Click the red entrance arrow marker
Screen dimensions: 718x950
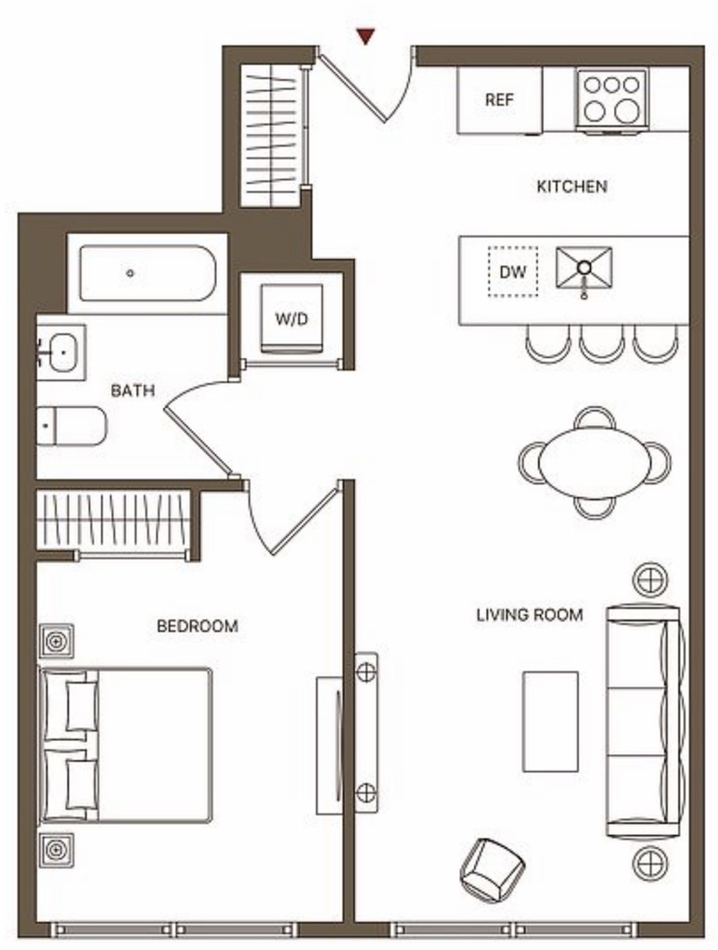coord(365,36)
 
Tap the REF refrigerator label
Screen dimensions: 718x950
coord(499,99)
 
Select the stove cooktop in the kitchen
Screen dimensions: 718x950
coord(611,100)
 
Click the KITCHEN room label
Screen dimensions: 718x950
coord(571,186)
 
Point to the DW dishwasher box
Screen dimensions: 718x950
coord(513,272)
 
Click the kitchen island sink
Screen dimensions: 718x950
coord(583,268)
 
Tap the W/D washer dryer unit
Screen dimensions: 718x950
coord(291,319)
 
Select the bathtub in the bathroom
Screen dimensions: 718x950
coord(147,274)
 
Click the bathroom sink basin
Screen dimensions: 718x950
coord(62,352)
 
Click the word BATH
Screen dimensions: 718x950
coord(133,391)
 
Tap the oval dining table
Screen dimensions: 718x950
coord(595,462)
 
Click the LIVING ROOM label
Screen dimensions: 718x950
coord(530,615)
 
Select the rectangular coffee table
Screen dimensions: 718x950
coord(550,721)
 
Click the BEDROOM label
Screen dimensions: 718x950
coord(198,626)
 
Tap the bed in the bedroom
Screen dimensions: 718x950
coord(125,745)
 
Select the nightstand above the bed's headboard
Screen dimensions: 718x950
coord(57,640)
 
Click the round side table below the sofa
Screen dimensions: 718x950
coord(650,863)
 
